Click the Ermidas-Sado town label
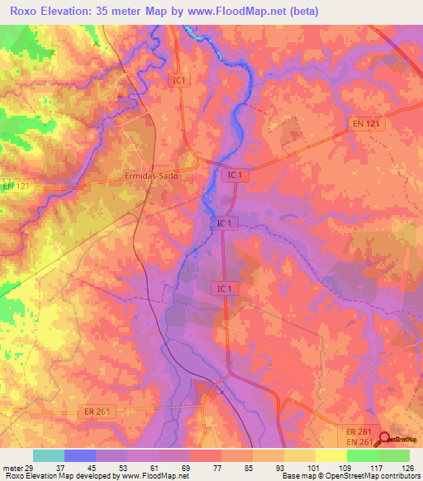click(x=150, y=176)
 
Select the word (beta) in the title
click(x=300, y=11)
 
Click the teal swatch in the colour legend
click(x=49, y=456)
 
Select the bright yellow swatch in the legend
click(x=330, y=456)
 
